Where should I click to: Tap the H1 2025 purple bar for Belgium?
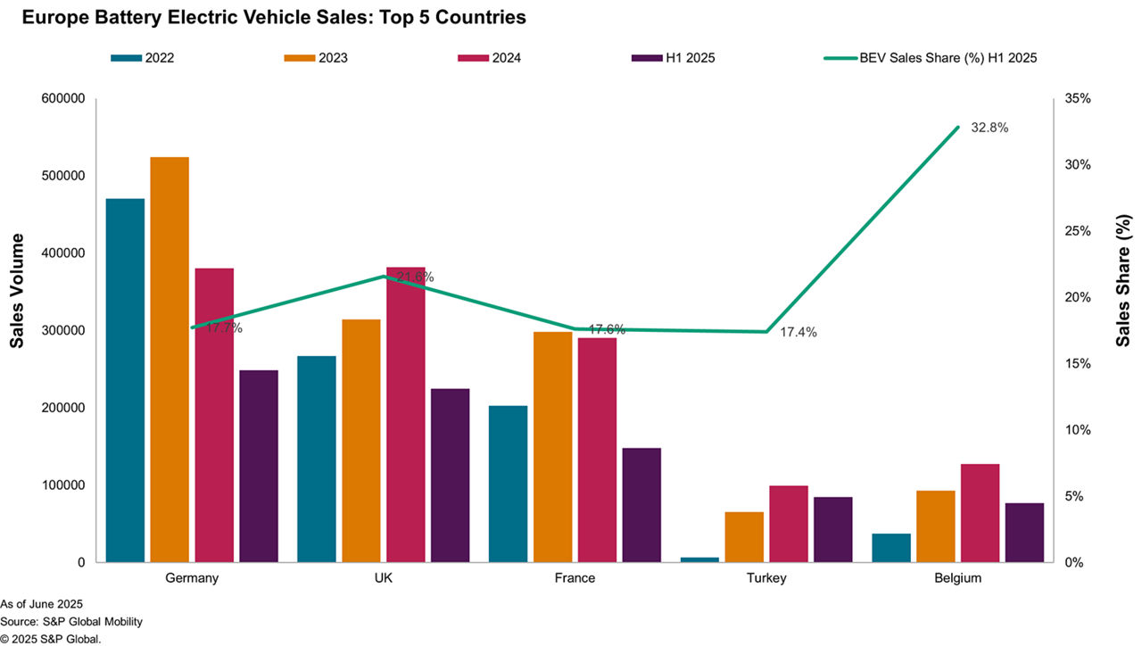pyautogui.click(x=1024, y=533)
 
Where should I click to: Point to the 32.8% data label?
pyautogui.click(x=989, y=128)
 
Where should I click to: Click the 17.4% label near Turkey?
pyautogui.click(x=798, y=332)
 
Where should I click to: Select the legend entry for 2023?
pyautogui.click(x=315, y=58)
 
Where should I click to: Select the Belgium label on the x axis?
pyautogui.click(x=958, y=578)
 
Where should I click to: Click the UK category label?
pyautogui.click(x=384, y=578)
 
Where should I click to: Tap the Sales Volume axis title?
pyautogui.click(x=18, y=291)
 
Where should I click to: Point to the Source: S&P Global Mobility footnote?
pyautogui.click(x=71, y=621)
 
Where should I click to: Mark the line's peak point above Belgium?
pyautogui.click(x=958, y=127)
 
